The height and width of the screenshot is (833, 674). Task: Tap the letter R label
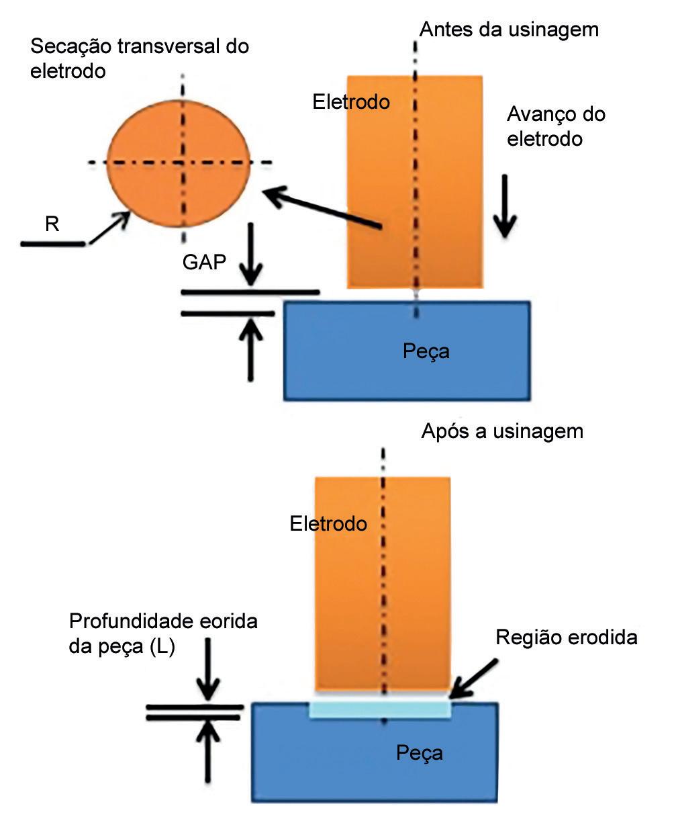[52, 223]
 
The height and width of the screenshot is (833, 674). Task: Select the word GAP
[204, 261]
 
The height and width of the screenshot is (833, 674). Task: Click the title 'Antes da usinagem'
[508, 30]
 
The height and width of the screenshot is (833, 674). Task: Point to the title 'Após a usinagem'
[501, 431]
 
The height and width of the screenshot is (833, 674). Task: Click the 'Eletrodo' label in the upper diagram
[351, 101]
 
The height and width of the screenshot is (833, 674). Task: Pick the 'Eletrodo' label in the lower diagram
[328, 523]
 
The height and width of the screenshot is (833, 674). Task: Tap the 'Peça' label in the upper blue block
[426, 351]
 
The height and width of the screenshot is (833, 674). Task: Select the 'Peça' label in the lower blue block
[419, 752]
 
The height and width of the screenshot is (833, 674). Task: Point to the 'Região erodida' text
[566, 637]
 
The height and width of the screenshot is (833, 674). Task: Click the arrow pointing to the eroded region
[474, 679]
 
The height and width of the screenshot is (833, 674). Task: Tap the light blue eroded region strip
[380, 708]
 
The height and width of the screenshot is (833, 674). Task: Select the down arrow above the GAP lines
[251, 255]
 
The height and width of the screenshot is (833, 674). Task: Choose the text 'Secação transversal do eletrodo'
[140, 58]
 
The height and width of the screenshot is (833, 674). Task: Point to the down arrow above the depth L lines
[208, 669]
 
